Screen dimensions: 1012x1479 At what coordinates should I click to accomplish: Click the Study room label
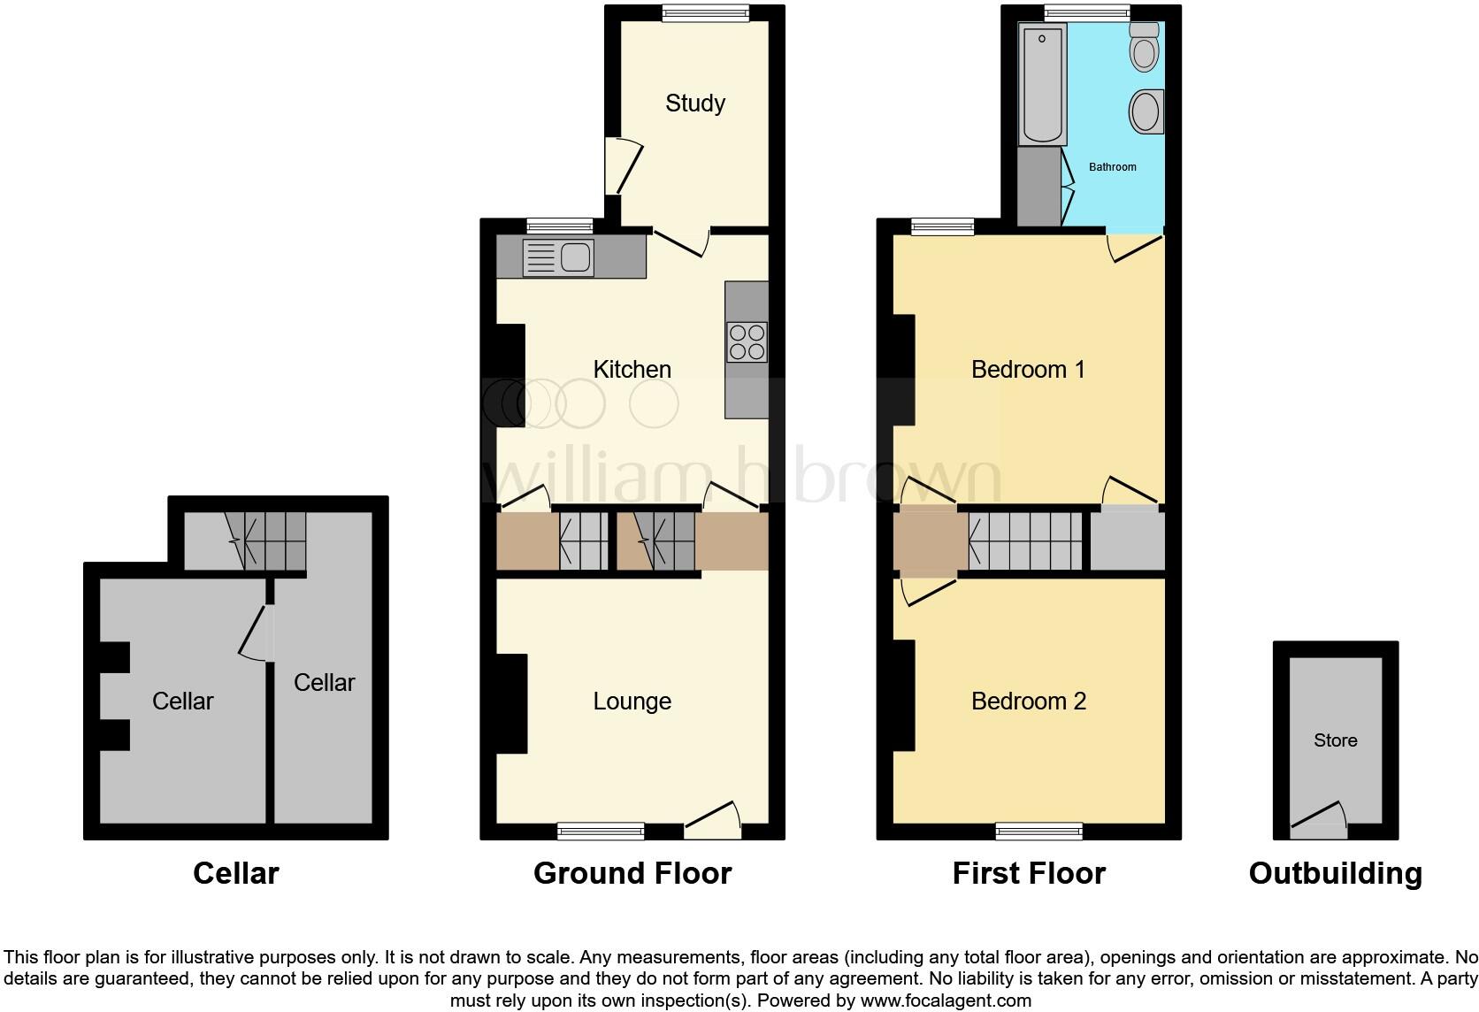point(694,103)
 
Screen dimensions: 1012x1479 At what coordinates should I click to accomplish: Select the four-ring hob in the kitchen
point(747,342)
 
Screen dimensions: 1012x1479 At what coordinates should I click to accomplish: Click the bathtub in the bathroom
point(1042,84)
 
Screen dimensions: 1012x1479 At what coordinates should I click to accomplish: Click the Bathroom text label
point(1112,166)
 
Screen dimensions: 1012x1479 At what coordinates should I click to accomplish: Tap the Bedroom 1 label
point(1028,369)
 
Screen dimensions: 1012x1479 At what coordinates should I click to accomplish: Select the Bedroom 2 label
point(1028,701)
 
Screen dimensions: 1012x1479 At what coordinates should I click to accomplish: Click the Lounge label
point(632,701)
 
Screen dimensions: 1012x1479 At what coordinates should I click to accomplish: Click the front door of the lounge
point(713,822)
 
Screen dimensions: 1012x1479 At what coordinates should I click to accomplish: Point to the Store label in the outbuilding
point(1335,740)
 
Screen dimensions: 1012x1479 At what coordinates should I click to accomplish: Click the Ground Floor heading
point(632,873)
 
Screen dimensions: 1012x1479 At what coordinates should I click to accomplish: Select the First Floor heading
point(1028,873)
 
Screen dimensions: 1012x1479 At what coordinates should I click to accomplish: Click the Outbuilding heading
point(1335,873)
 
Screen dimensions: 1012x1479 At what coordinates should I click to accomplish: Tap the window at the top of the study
point(706,12)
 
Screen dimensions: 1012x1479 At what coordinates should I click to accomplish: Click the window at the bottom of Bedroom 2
point(1038,831)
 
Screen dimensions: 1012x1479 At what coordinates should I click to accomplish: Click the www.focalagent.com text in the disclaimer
point(946,1000)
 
